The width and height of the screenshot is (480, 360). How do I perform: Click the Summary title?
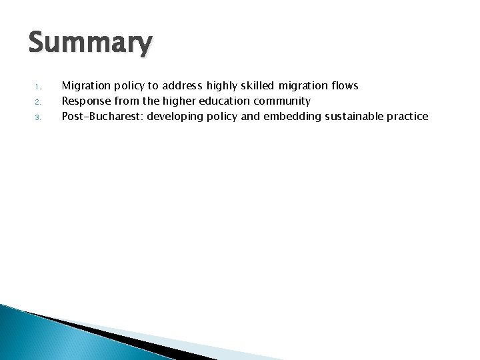click(90, 44)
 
